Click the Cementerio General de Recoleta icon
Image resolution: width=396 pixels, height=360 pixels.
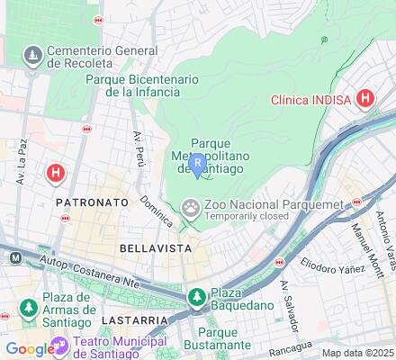[x=33, y=56]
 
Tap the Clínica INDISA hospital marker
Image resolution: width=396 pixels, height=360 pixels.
[x=365, y=99]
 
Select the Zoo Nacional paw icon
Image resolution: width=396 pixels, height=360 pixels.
[x=191, y=209]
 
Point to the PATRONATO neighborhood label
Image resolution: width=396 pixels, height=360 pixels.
[x=93, y=203]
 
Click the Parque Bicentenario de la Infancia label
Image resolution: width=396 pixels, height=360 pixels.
[x=140, y=85]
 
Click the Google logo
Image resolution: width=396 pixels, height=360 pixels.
[x=28, y=349]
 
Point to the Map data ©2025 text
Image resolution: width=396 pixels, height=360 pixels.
[x=358, y=353]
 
